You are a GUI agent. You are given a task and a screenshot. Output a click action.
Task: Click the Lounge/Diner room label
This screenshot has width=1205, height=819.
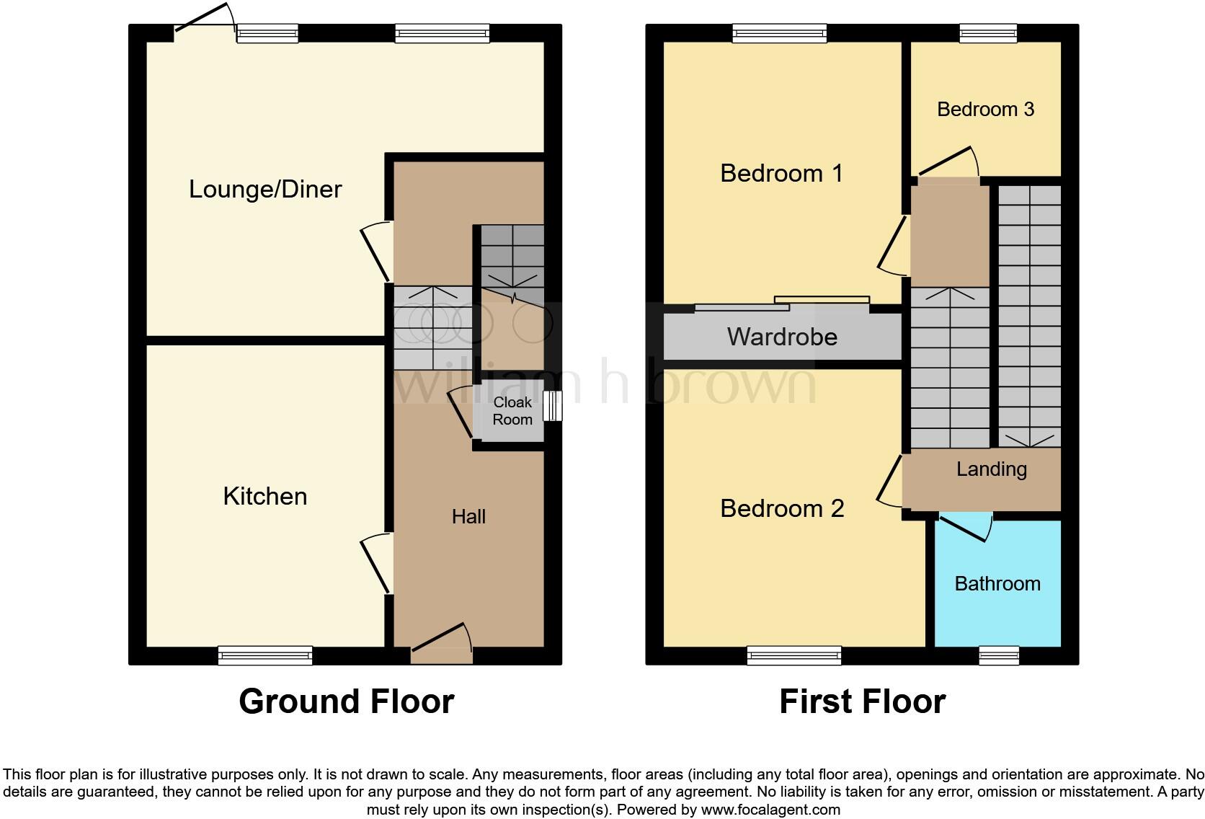click(265, 189)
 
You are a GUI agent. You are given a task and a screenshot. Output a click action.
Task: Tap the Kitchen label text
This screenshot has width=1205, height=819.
click(265, 496)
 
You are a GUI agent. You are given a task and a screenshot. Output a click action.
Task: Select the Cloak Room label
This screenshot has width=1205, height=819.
click(512, 411)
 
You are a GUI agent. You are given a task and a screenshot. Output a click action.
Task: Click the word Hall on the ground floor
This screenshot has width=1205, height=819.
click(468, 516)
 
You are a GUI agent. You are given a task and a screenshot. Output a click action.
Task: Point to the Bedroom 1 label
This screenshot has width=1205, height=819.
click(781, 173)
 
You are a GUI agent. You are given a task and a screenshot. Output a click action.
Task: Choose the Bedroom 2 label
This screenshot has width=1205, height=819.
click(782, 508)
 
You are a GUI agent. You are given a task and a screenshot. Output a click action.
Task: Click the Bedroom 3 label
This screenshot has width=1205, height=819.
click(985, 109)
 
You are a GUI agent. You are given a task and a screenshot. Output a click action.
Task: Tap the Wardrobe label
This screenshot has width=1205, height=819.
click(782, 337)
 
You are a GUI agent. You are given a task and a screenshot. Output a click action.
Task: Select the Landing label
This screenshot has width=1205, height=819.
click(991, 469)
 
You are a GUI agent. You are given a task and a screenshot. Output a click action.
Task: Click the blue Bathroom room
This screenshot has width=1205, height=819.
click(997, 598)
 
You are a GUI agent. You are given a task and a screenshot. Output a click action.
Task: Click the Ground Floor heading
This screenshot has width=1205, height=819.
click(346, 701)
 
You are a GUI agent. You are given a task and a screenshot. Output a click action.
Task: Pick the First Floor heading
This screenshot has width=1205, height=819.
click(862, 701)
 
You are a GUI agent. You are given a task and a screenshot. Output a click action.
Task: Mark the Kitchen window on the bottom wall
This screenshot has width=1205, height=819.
click(265, 655)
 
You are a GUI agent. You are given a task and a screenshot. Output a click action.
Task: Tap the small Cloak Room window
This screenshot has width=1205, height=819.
click(553, 406)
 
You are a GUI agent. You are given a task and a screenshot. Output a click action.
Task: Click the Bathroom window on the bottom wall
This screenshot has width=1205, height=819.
click(998, 655)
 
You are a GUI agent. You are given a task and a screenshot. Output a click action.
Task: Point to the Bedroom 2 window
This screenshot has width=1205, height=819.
click(794, 655)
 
